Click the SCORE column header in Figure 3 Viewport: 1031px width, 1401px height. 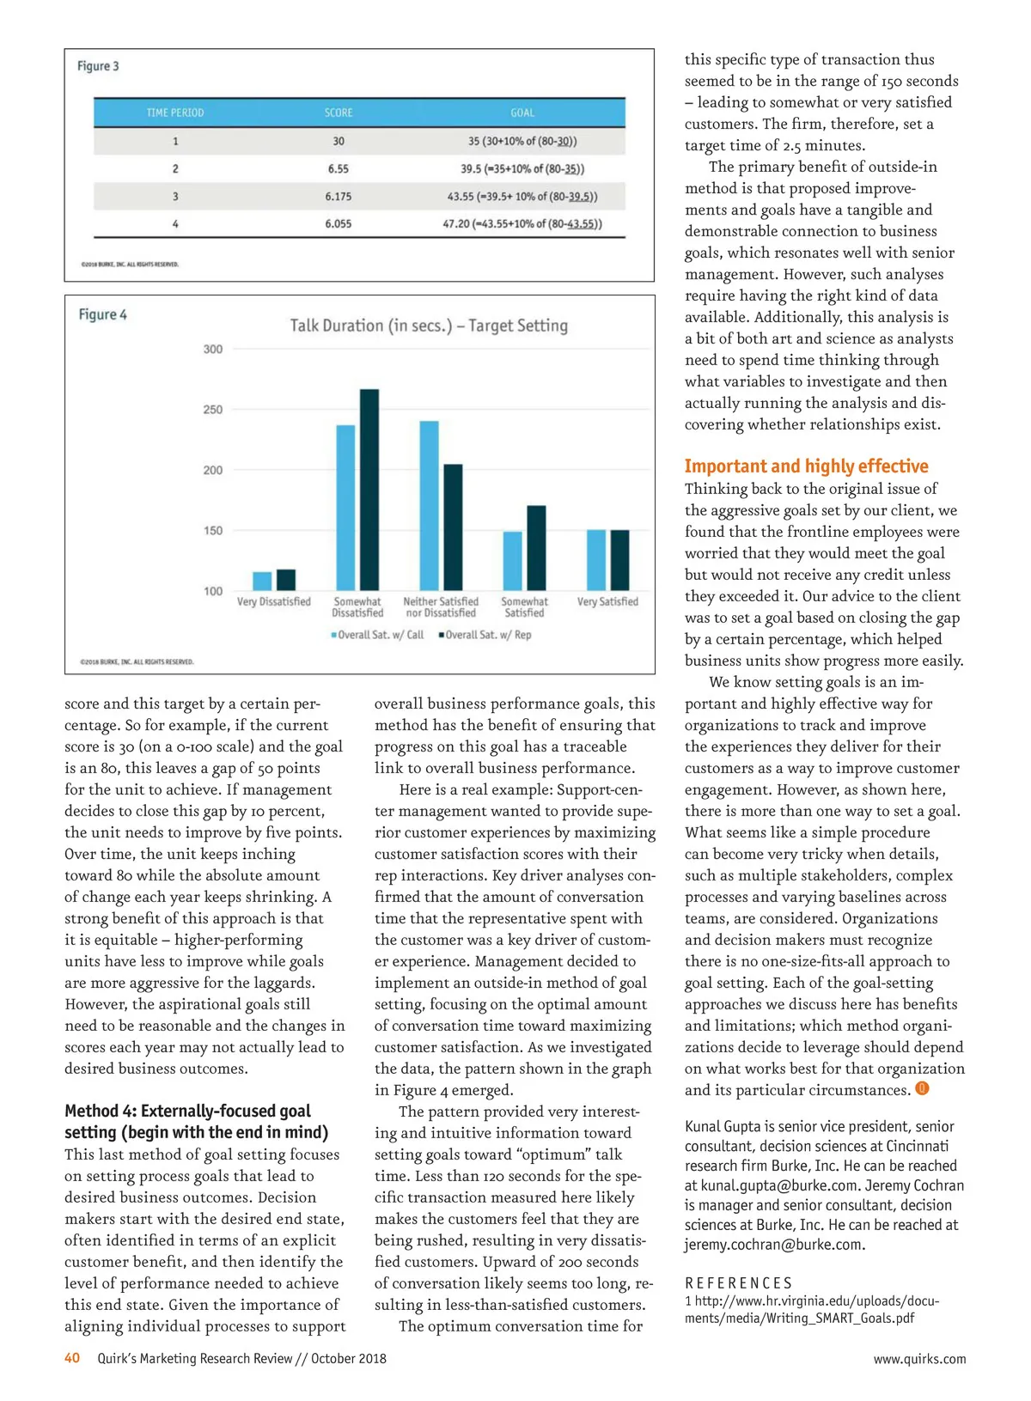coord(339,113)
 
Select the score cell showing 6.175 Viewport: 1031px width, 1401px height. coord(339,197)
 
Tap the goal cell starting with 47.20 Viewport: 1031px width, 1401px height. coord(522,224)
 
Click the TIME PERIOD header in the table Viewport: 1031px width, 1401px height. coord(175,113)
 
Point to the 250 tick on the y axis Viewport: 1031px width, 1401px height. coord(213,410)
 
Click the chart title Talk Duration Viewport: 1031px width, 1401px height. coord(429,326)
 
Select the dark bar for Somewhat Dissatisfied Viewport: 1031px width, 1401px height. coord(369,489)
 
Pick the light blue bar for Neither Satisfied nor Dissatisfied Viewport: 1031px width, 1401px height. coord(429,504)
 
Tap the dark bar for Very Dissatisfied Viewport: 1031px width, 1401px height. coord(286,580)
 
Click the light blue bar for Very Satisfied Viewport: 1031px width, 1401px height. coord(596,560)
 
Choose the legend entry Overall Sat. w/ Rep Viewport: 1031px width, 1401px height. coord(485,635)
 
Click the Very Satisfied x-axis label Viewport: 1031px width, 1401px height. coord(607,602)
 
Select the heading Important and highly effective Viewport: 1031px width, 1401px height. coord(806,466)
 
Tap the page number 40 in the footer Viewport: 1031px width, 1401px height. coord(72,1358)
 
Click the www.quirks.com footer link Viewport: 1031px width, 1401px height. coord(919,1359)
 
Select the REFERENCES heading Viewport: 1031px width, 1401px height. coord(738,1282)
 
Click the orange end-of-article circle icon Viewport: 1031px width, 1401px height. coord(922,1088)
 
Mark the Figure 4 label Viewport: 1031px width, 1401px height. coord(102,314)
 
